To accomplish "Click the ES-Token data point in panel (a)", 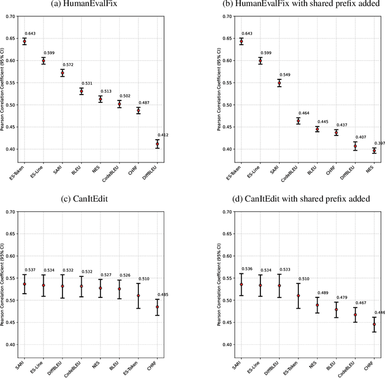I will (25, 42).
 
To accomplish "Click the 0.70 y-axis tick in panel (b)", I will (217, 16).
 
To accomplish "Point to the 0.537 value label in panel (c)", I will (30, 270).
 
